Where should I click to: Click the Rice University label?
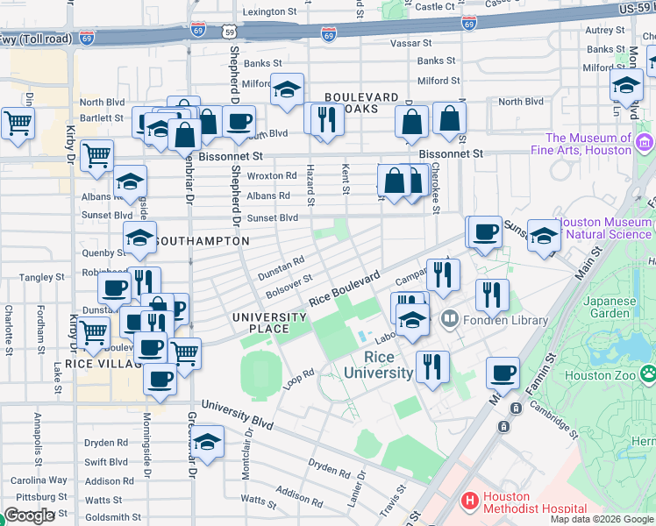pos(389,365)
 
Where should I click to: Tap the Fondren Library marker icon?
pos(450,317)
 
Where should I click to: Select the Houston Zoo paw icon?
pos(647,374)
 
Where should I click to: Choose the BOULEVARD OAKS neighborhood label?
pos(362,103)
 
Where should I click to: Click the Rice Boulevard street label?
pos(344,288)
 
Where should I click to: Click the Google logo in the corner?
pos(29,515)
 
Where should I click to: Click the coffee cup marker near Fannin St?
pos(503,373)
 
